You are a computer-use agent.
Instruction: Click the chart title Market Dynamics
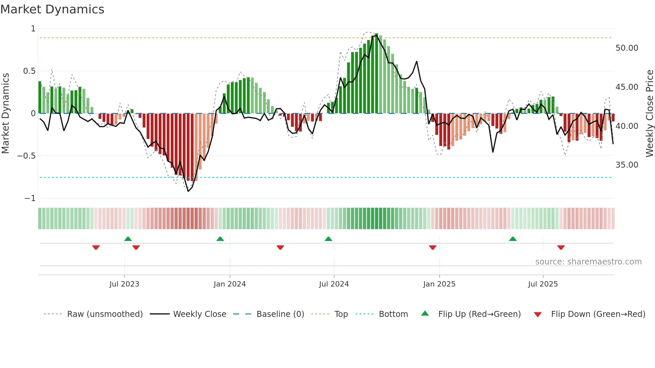[52, 9]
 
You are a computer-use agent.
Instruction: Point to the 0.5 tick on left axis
[29, 71]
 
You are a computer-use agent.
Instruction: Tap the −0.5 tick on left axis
[26, 156]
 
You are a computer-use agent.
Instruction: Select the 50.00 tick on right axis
[627, 48]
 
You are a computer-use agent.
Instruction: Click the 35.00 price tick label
[627, 165]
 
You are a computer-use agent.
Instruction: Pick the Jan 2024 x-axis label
[230, 284]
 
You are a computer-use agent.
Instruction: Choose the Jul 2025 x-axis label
[543, 284]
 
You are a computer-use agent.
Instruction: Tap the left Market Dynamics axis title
[5, 114]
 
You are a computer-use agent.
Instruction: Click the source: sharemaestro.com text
[588, 262]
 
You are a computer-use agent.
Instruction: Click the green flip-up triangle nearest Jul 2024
[328, 239]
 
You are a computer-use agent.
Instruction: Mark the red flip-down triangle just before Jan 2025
[432, 247]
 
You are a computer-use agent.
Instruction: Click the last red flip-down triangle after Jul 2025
[561, 247]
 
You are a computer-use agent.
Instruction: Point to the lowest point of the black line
[188, 191]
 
